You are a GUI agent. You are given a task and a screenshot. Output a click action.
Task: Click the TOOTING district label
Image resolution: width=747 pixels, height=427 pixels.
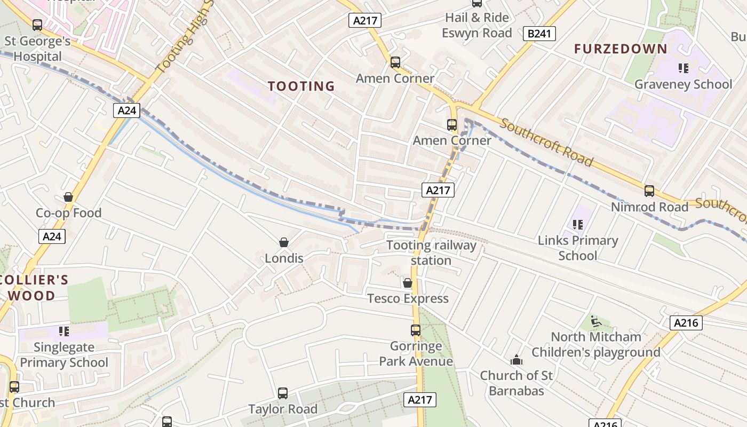(301, 86)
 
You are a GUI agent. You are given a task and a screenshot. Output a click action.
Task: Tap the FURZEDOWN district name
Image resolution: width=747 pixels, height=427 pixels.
(621, 49)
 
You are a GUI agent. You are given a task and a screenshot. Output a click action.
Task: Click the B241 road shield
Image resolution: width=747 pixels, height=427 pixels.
(538, 34)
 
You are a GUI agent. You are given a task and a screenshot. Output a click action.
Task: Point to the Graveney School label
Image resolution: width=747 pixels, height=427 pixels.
(683, 84)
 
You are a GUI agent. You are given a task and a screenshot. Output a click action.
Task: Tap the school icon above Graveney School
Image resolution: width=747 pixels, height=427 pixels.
(683, 68)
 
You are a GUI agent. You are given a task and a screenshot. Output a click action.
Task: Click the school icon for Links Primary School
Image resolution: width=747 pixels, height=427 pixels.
(577, 225)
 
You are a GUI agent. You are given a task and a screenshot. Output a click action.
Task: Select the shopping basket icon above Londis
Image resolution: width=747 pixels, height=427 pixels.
(284, 242)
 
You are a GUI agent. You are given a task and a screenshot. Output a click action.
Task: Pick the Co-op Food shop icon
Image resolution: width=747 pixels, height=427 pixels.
(68, 197)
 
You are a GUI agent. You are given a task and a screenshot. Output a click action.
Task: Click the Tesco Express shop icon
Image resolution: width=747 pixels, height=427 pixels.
(408, 282)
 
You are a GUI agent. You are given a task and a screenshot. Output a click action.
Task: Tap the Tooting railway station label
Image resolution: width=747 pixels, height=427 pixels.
(431, 252)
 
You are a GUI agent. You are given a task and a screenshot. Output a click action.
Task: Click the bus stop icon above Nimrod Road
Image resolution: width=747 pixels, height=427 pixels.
(649, 191)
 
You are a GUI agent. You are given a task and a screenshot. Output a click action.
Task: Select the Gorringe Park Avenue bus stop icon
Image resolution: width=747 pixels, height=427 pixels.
(416, 330)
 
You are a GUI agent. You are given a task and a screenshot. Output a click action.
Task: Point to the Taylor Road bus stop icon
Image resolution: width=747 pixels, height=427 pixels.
(283, 393)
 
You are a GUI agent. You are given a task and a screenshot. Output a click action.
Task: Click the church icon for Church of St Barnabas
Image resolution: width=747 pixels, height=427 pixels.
(516, 360)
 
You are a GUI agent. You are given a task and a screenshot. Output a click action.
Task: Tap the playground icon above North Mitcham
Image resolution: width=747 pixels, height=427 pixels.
(596, 321)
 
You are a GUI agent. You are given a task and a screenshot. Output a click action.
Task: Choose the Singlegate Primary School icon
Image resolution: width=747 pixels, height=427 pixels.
(64, 331)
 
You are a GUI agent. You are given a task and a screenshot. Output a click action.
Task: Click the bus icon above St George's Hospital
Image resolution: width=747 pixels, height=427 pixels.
(37, 25)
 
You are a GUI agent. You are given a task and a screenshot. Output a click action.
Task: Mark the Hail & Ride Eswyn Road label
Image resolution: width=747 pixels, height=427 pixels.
(476, 25)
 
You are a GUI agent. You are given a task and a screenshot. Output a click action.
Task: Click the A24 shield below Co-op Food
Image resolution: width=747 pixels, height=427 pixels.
(52, 236)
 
